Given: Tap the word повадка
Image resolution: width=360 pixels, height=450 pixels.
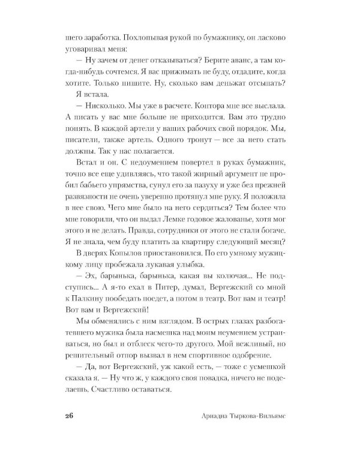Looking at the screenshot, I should (212, 375).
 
